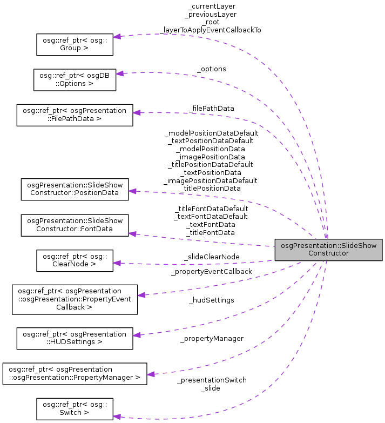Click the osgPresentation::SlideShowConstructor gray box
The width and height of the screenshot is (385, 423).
[x=328, y=249]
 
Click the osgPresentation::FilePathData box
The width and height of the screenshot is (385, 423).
[x=75, y=115]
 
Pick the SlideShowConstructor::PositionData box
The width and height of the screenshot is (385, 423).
[x=75, y=189]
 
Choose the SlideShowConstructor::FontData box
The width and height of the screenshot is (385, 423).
[x=75, y=225]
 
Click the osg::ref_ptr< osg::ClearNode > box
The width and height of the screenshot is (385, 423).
[x=75, y=260]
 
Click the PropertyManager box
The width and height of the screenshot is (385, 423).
[x=75, y=373]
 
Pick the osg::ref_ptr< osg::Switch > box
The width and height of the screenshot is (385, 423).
[x=75, y=408]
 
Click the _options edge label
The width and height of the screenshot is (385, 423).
[x=212, y=69]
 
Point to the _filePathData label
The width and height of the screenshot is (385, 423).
[x=211, y=108]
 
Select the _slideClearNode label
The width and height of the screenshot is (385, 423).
[x=211, y=257]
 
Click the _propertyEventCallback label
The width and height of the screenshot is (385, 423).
[x=211, y=271]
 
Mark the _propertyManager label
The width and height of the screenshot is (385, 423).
[x=212, y=338]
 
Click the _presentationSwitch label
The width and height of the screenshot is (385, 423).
[x=212, y=380]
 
